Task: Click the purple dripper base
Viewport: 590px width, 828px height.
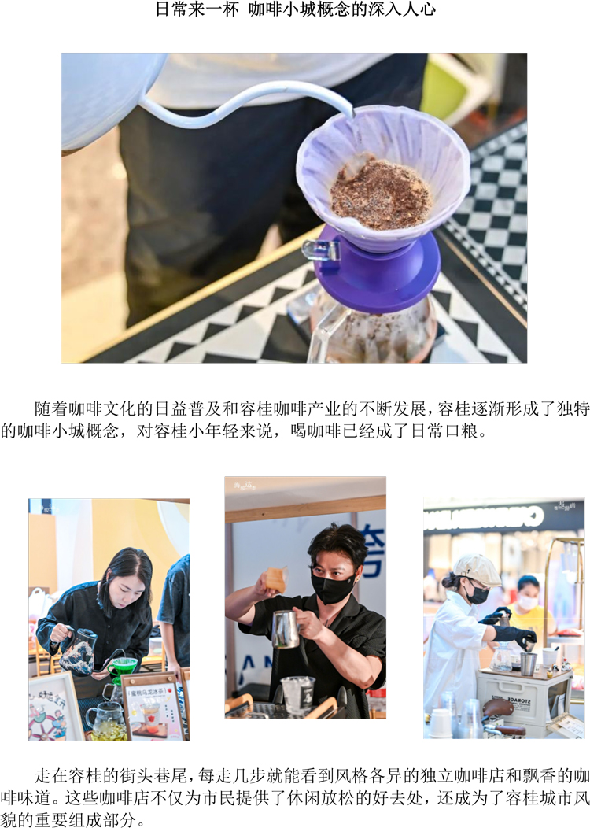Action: pos(377,269)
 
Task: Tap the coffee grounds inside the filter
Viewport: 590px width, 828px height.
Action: pos(380,194)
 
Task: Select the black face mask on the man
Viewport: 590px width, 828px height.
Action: pos(331,586)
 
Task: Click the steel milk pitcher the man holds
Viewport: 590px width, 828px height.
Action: pos(286,629)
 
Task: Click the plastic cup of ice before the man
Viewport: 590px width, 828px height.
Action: pos(297,694)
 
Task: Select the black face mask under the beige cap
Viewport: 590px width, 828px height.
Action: pos(477,594)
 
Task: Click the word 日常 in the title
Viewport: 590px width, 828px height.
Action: pos(172,9)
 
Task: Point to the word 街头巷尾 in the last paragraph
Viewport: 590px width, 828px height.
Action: pos(154,775)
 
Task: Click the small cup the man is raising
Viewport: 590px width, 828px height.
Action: pos(277,580)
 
